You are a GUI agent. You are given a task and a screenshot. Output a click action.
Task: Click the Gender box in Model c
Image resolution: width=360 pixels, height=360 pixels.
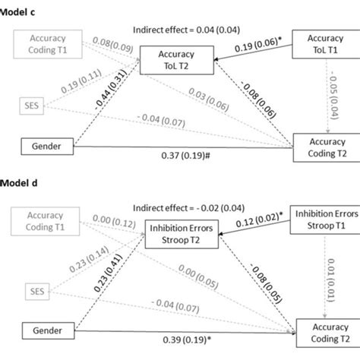point(37,144)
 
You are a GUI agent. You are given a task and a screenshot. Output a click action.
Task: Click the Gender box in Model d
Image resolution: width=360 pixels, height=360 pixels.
point(37,330)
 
